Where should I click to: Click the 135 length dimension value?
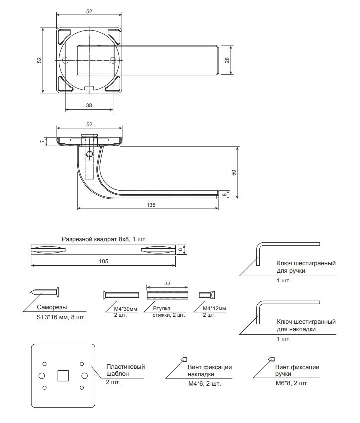(151, 205)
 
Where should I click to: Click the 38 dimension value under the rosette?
(89, 106)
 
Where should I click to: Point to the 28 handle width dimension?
(227, 60)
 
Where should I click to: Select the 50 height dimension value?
(234, 173)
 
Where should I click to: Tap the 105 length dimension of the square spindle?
(103, 261)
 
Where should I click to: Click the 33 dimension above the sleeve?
(167, 283)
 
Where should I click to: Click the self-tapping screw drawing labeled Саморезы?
(44, 292)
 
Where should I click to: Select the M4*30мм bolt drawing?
(121, 295)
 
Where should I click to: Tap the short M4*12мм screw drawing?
(207, 295)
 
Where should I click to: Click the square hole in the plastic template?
(63, 376)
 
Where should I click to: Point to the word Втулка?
(162, 308)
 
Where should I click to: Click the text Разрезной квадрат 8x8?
(95, 239)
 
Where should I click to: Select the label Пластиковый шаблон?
(125, 370)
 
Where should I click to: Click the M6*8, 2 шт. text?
(292, 383)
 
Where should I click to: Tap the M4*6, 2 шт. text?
(205, 384)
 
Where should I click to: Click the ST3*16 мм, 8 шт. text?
(61, 317)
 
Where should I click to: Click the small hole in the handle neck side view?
(89, 154)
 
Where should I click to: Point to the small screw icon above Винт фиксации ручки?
(271, 359)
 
